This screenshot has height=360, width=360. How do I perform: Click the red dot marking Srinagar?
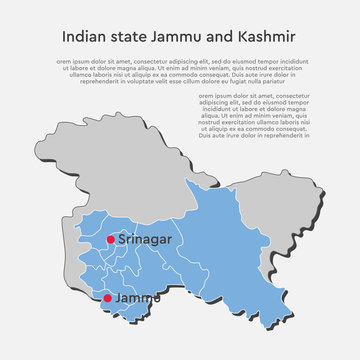click(x=109, y=240)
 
